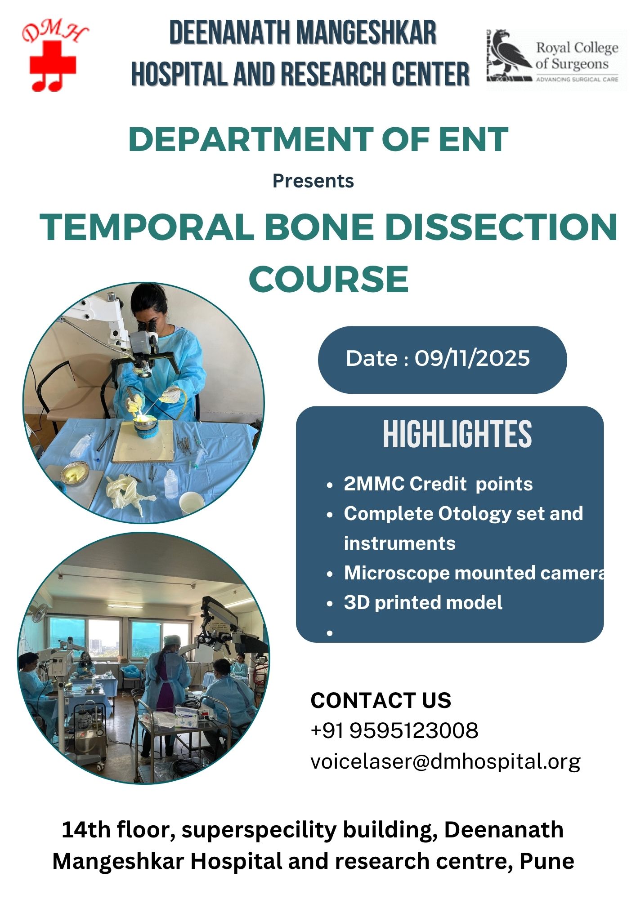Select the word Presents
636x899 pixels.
pyautogui.click(x=313, y=181)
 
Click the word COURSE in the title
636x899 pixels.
pyautogui.click(x=329, y=279)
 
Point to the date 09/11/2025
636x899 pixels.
pyautogui.click(x=472, y=359)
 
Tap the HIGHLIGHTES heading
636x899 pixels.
pyautogui.click(x=457, y=434)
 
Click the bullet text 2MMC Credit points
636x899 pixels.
pyautogui.click(x=438, y=484)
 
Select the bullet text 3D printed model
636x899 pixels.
pyautogui.click(x=423, y=603)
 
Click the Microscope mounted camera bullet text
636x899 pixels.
pyautogui.click(x=474, y=573)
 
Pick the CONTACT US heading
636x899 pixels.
pyautogui.click(x=381, y=700)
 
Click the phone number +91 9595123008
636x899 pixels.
pyautogui.click(x=394, y=730)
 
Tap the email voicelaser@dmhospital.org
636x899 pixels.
pyautogui.click(x=445, y=761)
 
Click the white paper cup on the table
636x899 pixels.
pyautogui.click(x=192, y=503)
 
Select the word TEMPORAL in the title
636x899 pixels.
pyautogui.click(x=147, y=227)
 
